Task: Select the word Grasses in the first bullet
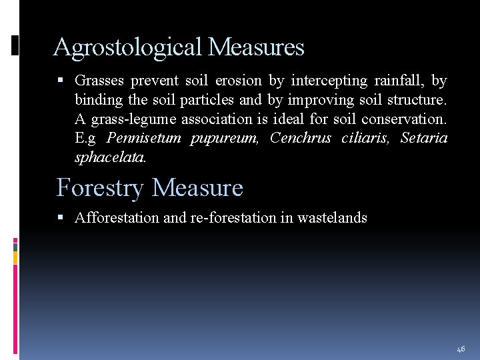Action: (99, 81)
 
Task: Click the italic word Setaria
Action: (424, 139)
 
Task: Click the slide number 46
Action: (461, 349)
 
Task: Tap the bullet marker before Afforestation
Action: (61, 217)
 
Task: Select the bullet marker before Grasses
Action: (61, 81)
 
